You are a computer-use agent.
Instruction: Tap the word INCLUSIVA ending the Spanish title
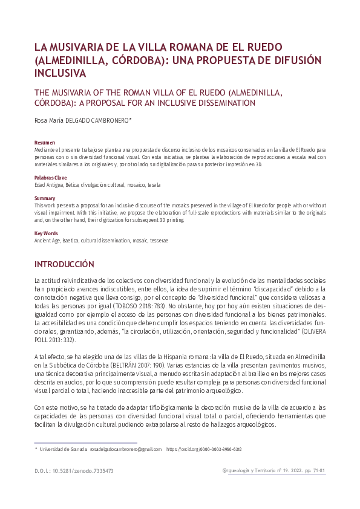(61, 73)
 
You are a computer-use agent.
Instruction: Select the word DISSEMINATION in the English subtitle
(206, 103)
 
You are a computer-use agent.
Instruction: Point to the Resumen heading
(45, 142)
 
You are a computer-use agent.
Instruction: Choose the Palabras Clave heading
(51, 178)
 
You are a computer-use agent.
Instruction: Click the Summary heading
(45, 199)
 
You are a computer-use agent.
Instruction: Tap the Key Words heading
(47, 233)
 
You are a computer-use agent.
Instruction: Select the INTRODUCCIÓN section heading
(65, 264)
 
